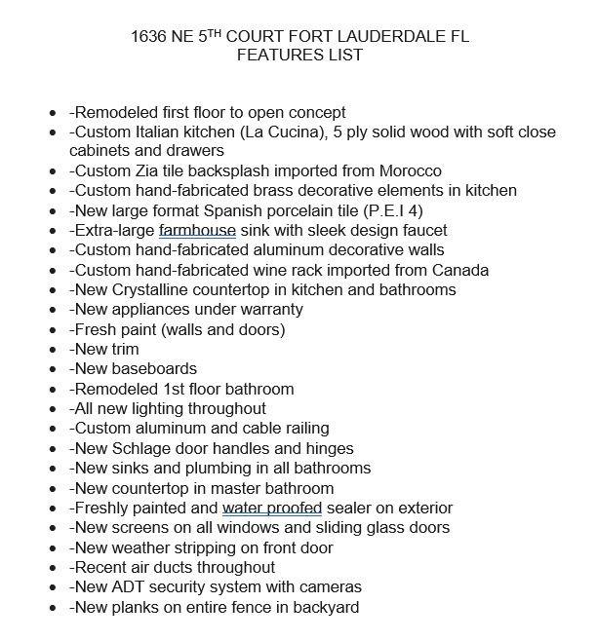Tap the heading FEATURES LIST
click(x=299, y=56)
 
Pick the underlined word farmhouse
click(x=201, y=230)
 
